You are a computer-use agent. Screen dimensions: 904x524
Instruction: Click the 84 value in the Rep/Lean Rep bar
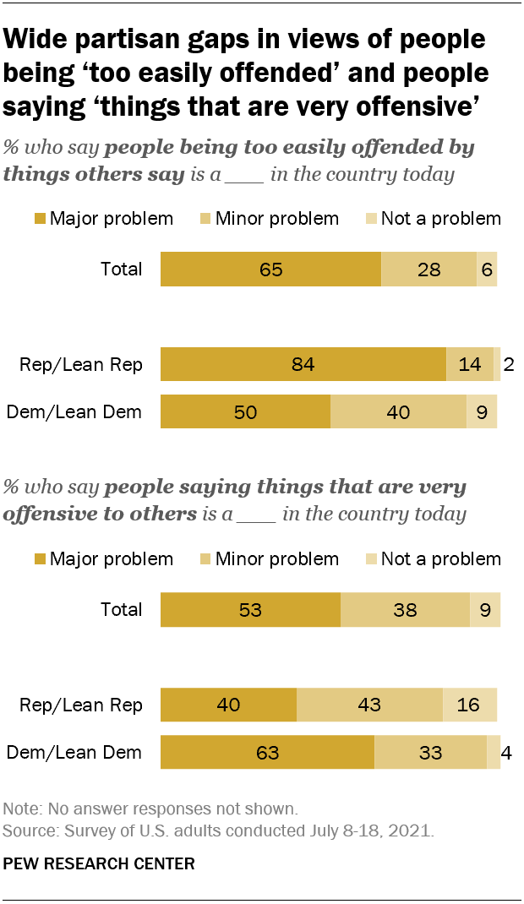(x=303, y=365)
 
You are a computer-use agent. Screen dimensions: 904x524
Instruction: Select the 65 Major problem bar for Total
(x=270, y=270)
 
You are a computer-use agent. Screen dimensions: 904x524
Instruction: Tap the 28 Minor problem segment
(x=428, y=270)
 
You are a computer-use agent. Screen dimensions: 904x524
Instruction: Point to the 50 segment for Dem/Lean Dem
(x=245, y=412)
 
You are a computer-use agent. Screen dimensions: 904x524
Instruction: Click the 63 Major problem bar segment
(x=267, y=752)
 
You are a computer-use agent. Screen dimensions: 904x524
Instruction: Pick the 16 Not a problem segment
(x=470, y=705)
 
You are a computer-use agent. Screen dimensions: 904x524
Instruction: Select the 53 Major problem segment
(x=250, y=609)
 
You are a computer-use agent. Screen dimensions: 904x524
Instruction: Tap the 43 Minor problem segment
(x=369, y=705)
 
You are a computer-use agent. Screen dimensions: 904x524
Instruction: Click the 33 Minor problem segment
(x=430, y=752)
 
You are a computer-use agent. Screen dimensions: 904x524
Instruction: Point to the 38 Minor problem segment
(x=405, y=609)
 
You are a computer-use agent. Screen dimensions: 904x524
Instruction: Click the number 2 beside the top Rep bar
(x=509, y=365)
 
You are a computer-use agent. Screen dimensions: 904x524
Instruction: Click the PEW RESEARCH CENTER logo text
(x=100, y=863)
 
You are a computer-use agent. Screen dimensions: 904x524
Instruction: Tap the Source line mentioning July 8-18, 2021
(x=219, y=830)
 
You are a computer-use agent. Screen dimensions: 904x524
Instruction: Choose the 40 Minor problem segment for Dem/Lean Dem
(x=398, y=412)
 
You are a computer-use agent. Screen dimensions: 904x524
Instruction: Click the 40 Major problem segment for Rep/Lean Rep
(x=228, y=705)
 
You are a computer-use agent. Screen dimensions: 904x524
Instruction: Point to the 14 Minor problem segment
(x=470, y=365)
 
